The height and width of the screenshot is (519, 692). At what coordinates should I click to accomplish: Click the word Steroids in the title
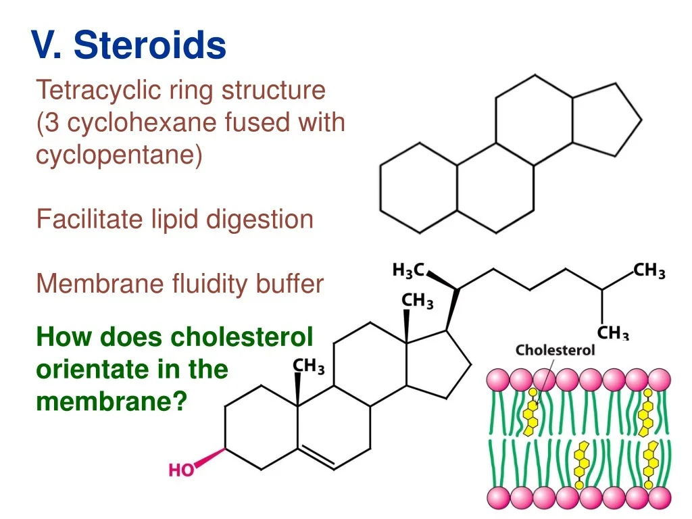point(150,46)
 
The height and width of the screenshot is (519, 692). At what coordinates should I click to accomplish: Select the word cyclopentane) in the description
point(119,155)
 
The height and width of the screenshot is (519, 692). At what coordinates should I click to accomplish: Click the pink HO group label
point(181,470)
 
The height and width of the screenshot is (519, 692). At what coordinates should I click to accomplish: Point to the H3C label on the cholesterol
point(408,270)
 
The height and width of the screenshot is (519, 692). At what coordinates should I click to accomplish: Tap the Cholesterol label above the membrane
point(555,350)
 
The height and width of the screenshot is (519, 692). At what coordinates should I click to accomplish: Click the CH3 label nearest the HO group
point(308,367)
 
